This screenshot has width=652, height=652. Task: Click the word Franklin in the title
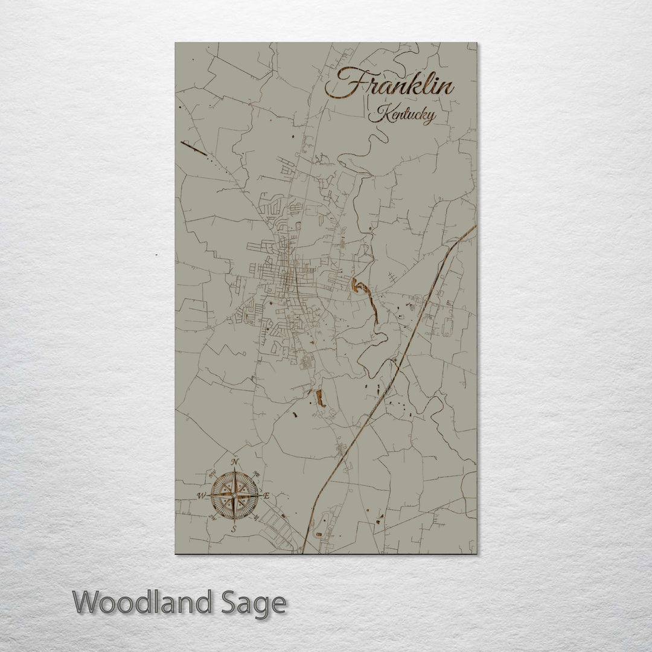tap(389, 85)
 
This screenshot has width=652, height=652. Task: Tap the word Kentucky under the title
tap(403, 114)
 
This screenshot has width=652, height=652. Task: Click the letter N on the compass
tap(235, 462)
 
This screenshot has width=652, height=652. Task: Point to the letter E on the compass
tap(266, 496)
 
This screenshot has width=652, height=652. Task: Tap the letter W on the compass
tap(201, 496)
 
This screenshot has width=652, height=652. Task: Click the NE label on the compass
tap(257, 474)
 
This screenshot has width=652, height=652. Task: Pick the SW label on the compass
tap(213, 517)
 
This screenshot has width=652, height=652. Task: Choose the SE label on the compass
tap(257, 517)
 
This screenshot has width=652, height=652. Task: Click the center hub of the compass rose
tap(234, 496)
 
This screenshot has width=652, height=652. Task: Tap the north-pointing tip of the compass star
tap(235, 469)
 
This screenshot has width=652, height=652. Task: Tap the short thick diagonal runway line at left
tap(194, 148)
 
